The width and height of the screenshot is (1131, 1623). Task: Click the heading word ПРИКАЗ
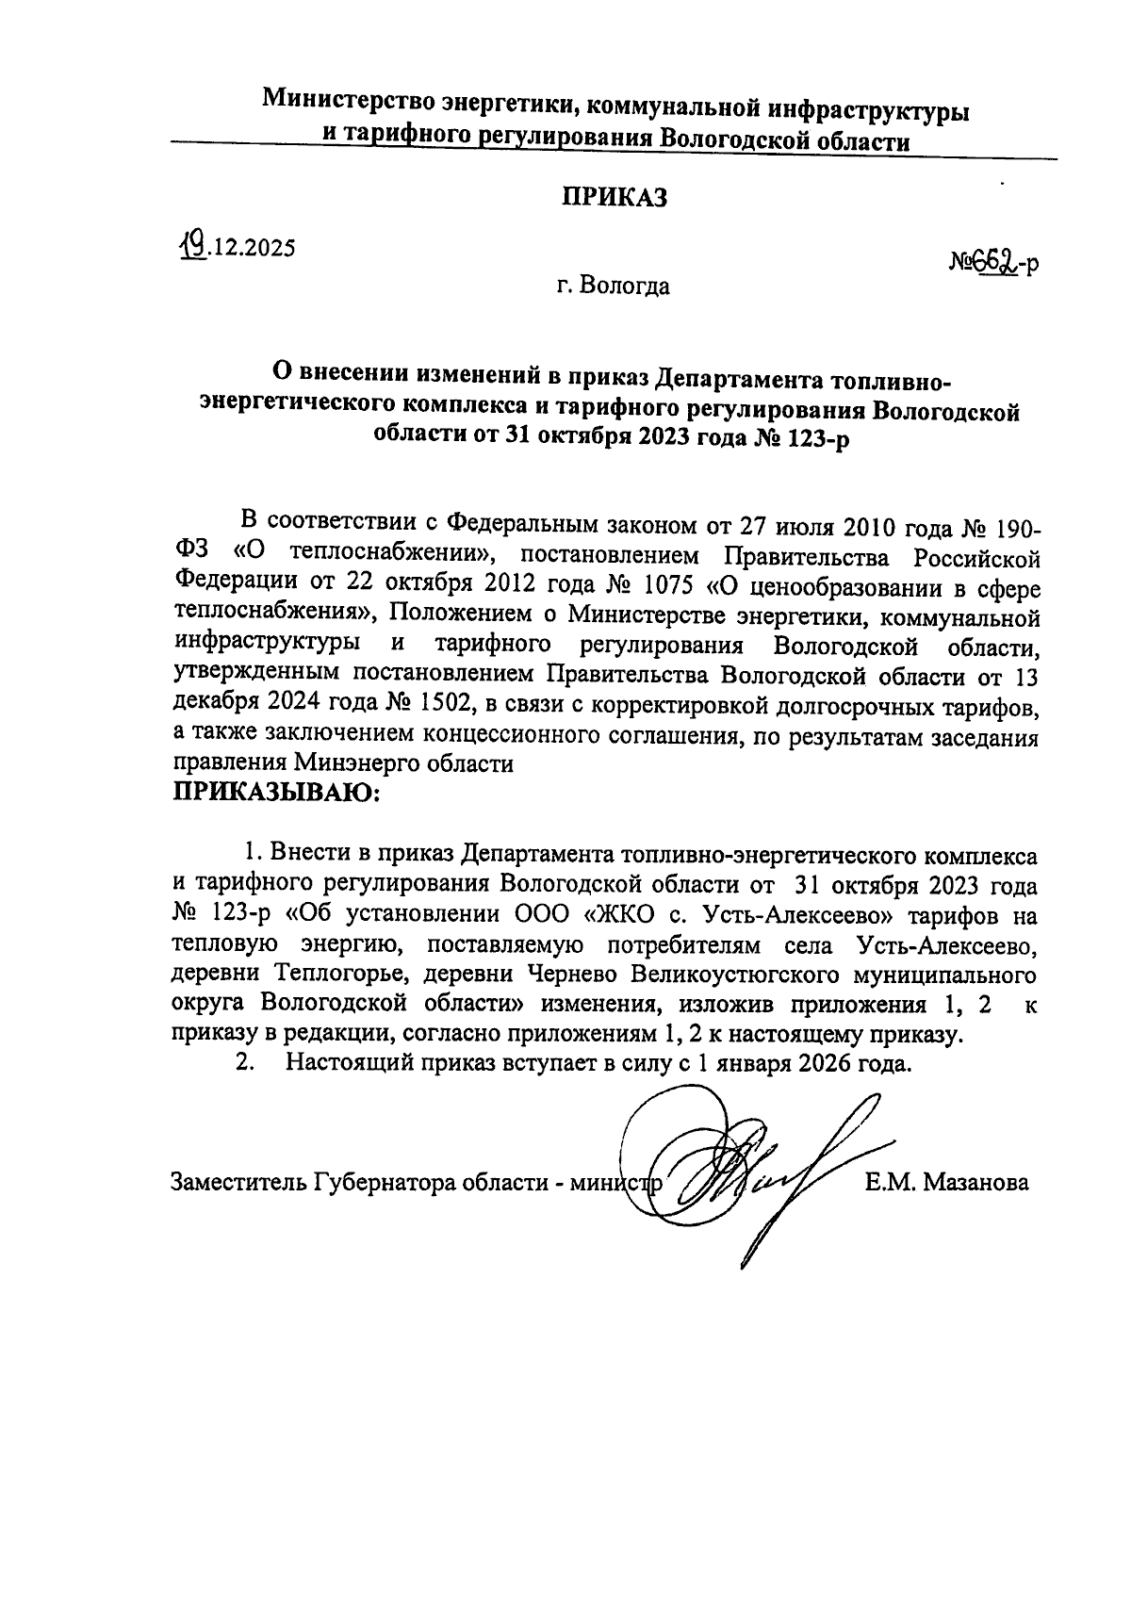(x=615, y=198)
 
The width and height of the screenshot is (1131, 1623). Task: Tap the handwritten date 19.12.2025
(x=237, y=248)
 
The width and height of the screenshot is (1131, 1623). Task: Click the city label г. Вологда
(x=613, y=286)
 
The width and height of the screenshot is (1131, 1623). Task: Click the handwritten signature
(x=745, y=1169)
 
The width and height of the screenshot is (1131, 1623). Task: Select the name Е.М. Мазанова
(x=946, y=1182)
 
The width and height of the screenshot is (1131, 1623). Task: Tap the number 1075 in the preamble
(x=667, y=587)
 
